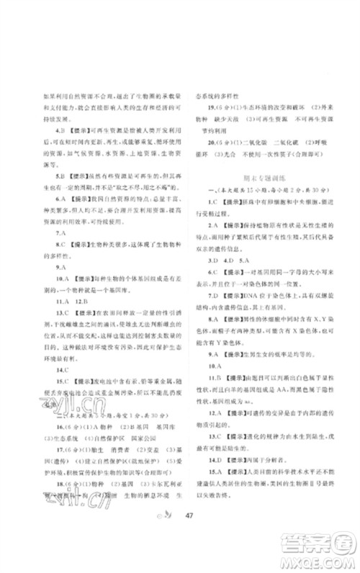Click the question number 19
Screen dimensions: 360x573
(203, 111)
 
